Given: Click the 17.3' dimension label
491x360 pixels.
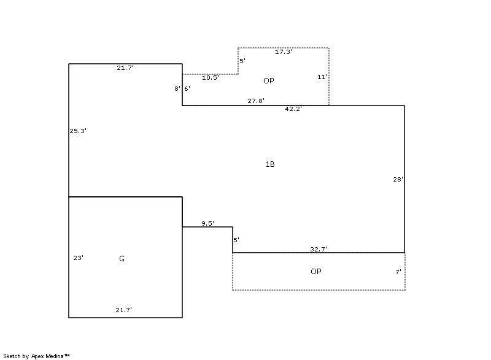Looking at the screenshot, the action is pos(284,52).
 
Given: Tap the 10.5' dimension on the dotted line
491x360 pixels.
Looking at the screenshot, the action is pos(211,77).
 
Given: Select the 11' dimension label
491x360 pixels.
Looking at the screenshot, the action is pos(323,77).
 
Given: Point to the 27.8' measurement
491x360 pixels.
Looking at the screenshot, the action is pos(256,101).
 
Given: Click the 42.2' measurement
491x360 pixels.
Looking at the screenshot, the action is pos(293,109).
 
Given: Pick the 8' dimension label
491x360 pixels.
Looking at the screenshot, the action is pos(177,88).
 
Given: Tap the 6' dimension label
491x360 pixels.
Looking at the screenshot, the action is pos(187,88).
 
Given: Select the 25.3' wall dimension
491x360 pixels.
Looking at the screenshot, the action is pos(78,131).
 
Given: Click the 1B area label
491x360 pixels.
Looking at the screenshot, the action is pos(270,164).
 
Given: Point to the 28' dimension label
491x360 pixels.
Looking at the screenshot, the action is pos(398,180).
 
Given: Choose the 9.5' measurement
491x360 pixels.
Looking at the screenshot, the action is pos(208,223).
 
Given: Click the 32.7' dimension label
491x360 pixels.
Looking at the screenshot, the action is pos(319,249).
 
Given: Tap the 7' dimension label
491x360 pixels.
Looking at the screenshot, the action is pos(398,272).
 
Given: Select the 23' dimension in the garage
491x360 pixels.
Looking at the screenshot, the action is pos(79,258).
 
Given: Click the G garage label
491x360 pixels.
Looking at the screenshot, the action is pos(122,259).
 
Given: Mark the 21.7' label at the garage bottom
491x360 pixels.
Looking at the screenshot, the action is pos(124,310).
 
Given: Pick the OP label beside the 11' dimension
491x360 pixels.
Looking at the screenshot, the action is pos(269,81).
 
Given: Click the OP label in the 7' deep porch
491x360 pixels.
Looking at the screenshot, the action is pos(316,272).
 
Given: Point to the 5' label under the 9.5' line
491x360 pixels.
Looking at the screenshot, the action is pos(236,240).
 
